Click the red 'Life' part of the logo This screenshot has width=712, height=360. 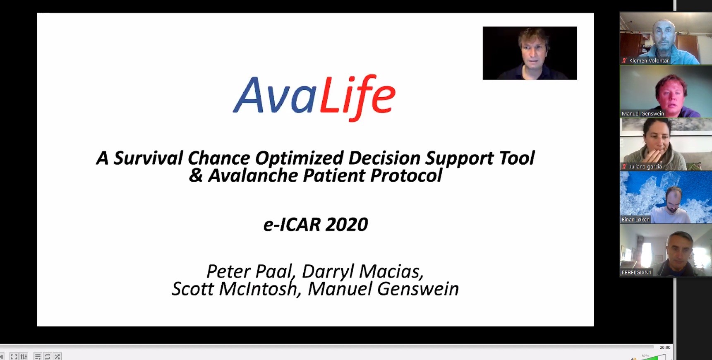point(357,97)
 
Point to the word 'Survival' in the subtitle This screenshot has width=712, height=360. point(148,158)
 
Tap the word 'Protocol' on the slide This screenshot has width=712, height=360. point(406,175)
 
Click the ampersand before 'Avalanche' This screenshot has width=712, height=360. point(196,175)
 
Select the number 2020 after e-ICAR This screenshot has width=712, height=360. point(347,225)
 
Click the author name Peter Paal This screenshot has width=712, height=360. point(250,272)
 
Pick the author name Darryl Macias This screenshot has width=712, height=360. point(362,272)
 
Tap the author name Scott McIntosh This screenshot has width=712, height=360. point(235,289)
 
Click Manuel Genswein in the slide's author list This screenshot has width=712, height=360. point(384,289)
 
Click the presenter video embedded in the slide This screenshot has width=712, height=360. point(530,53)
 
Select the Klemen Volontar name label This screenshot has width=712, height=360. point(649,60)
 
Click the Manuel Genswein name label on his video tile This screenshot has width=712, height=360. point(643,113)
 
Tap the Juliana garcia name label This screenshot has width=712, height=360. point(645,166)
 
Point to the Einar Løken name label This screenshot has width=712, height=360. point(635,219)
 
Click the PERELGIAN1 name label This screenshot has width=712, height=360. point(636,272)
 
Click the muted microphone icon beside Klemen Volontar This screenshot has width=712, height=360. point(624,60)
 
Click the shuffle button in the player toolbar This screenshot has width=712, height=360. point(58,356)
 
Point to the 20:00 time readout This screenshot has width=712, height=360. point(665,348)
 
